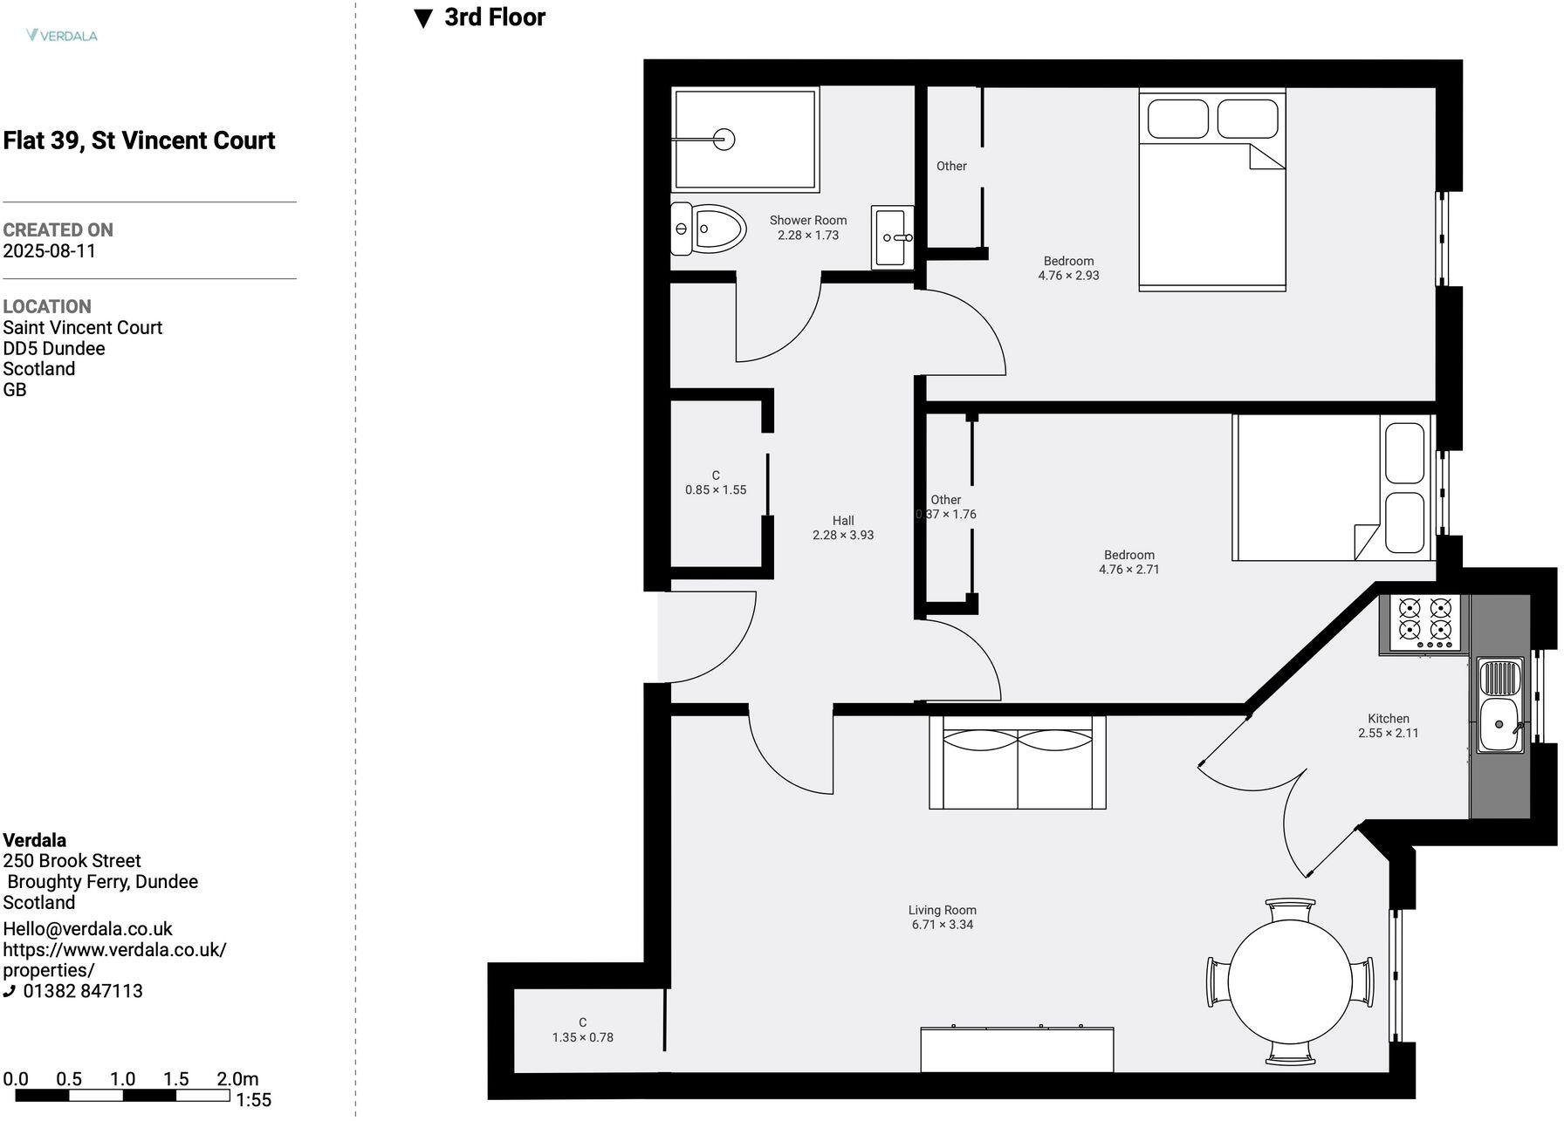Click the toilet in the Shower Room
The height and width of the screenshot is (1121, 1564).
click(x=709, y=229)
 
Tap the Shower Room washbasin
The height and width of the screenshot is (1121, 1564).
click(x=892, y=236)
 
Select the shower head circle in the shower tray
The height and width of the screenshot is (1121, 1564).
click(x=724, y=140)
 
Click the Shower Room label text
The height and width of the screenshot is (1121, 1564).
click(x=807, y=221)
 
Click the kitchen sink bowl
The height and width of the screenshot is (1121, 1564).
click(x=1499, y=724)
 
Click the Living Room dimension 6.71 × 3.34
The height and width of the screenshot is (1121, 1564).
click(x=942, y=925)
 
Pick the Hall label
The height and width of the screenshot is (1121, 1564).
click(x=842, y=521)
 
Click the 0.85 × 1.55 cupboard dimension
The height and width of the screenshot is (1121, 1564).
click(x=715, y=490)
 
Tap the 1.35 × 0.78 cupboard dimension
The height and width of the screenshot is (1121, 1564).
click(x=582, y=1038)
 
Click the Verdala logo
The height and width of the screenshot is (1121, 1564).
click(x=62, y=36)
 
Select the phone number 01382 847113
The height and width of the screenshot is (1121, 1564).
click(x=82, y=991)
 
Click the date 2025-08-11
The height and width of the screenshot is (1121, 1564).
click(x=50, y=251)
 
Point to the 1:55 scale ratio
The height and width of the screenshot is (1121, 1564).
click(x=253, y=1100)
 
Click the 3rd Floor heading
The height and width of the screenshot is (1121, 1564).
click(x=494, y=17)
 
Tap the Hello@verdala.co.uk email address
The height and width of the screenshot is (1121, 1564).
click(x=87, y=929)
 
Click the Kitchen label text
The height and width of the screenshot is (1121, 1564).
click(x=1388, y=719)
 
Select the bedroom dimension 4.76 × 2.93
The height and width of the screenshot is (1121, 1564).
click(x=1068, y=276)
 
